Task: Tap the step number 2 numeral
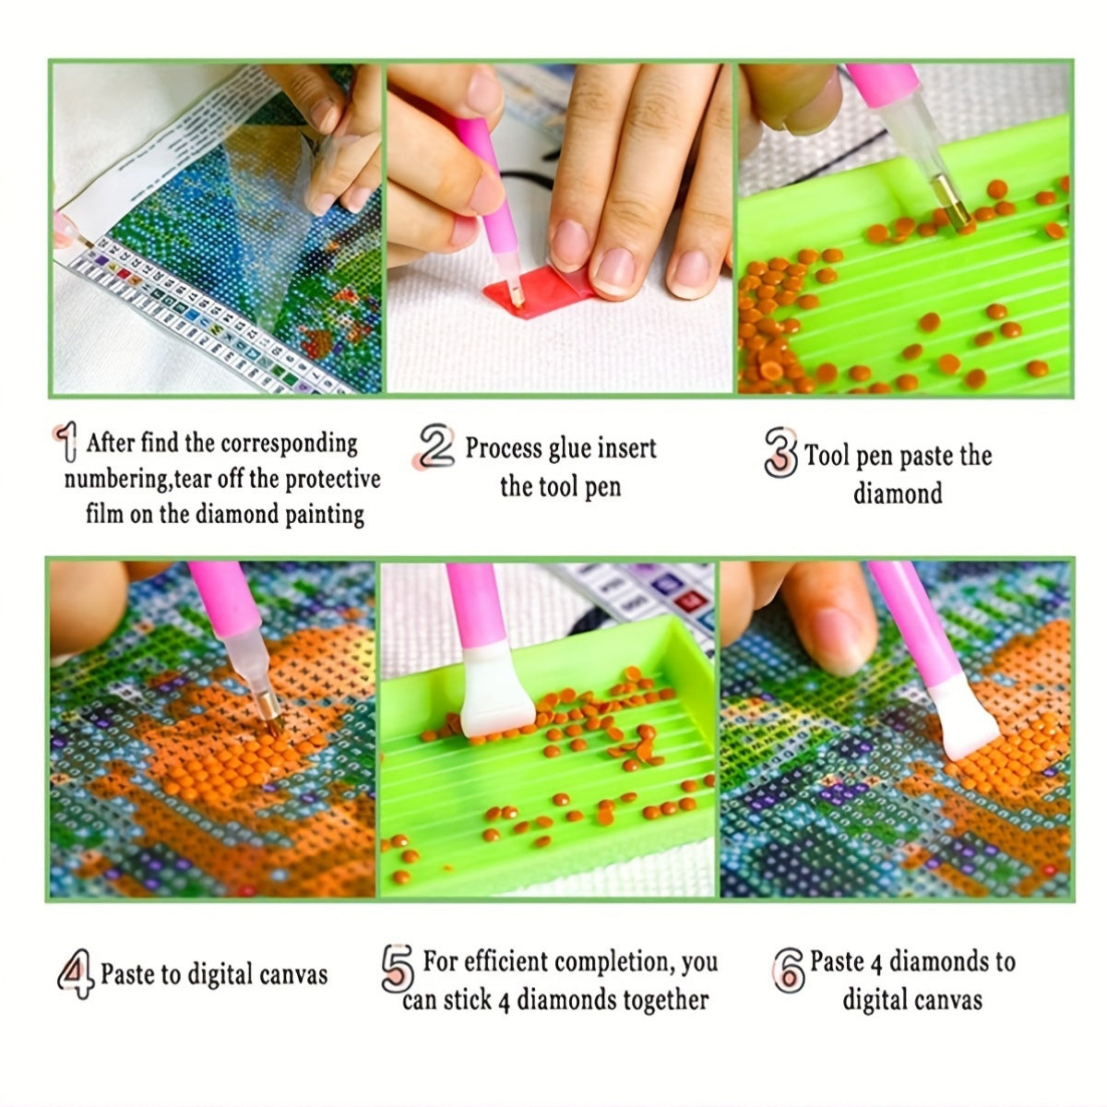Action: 434,446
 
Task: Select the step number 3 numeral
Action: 781,453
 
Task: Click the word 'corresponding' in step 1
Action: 289,445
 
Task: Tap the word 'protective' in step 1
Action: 333,480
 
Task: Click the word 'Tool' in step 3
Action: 827,456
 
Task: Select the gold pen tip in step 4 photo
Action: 270,713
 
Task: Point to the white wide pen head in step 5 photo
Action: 496,690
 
